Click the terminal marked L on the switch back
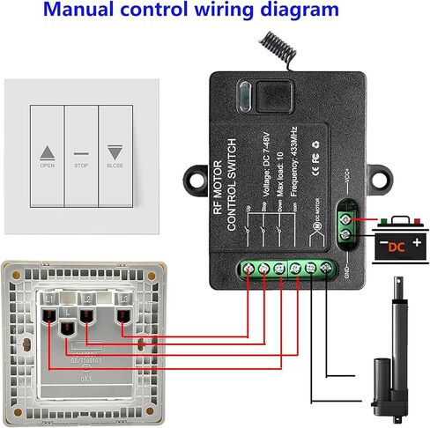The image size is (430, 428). point(67,328)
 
